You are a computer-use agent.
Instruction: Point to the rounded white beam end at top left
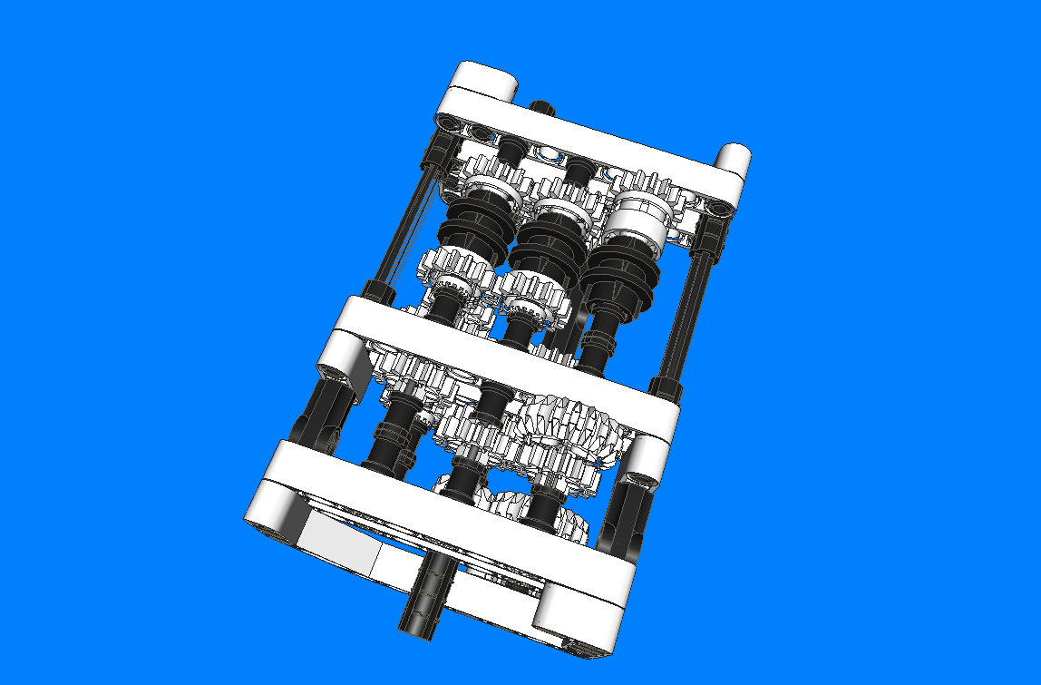coord(485,79)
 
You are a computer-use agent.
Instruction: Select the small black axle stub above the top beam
coord(541,108)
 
